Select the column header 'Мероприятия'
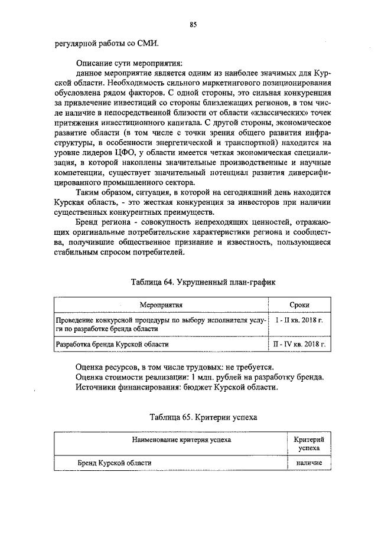pos(161,305)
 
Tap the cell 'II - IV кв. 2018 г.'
pos(299,343)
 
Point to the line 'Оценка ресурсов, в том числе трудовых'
pos(173,366)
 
